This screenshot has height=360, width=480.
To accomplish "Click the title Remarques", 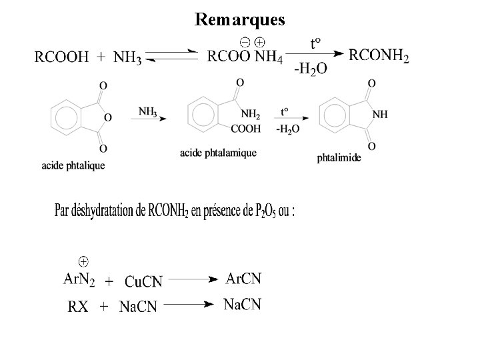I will click(240, 19).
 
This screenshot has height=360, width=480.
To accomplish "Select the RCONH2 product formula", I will click(379, 55).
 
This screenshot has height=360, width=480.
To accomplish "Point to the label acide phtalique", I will click(73, 165).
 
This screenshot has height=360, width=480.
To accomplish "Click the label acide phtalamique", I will click(218, 153).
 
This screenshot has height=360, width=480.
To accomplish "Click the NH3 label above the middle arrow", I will click(149, 111).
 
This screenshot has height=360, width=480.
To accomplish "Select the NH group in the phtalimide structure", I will click(380, 114).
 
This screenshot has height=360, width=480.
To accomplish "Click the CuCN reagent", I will click(144, 281).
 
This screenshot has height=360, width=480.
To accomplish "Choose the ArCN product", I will click(244, 278).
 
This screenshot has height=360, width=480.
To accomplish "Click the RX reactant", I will click(77, 307).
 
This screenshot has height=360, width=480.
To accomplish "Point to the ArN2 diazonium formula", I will click(79, 279).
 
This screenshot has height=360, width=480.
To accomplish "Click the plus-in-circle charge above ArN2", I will click(84, 259).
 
